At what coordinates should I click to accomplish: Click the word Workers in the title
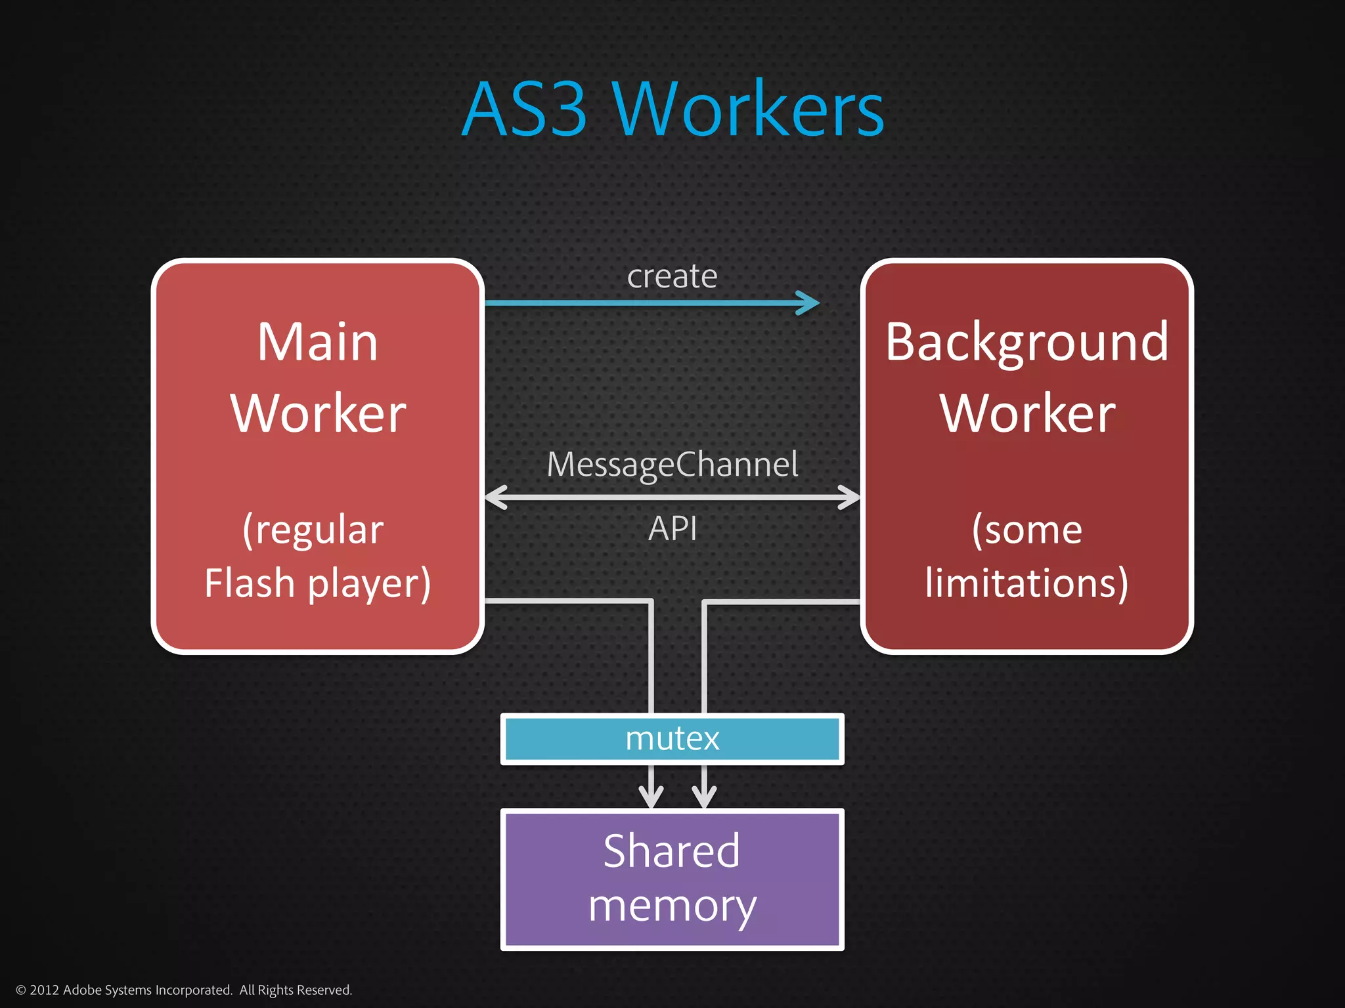pos(748,110)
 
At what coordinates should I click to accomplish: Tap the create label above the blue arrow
pos(672,276)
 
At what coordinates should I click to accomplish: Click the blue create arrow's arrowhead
pos(809,303)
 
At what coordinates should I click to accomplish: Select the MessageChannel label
pos(672,465)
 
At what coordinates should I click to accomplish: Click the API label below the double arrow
pos(672,528)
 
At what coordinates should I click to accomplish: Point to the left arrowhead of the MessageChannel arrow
pos(495,497)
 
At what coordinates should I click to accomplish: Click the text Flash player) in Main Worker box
pos(318,583)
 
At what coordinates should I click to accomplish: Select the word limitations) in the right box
pos(1026,583)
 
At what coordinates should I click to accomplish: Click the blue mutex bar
pos(672,739)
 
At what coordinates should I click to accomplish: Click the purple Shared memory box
pos(672,879)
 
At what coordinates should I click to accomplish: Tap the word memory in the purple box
pos(672,907)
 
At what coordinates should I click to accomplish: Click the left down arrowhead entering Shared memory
pos(651,798)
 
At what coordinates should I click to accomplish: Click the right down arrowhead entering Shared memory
pos(704,798)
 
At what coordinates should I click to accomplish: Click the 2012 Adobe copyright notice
pos(184,990)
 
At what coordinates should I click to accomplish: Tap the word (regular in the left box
pos(313,530)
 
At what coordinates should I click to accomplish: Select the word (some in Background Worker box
pos(1026,530)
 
